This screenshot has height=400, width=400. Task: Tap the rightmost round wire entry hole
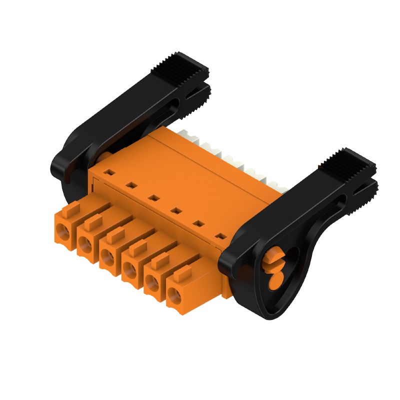point(173,298)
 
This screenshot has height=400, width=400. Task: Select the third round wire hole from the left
point(106,257)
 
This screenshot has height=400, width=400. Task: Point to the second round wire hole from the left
point(84,244)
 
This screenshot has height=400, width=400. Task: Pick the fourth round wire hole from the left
point(129,271)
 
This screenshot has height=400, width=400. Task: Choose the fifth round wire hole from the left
point(151,284)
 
